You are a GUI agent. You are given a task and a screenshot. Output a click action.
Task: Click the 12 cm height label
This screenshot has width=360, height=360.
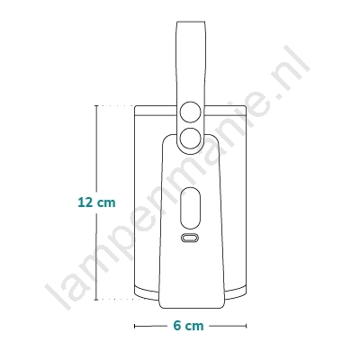tap(96, 202)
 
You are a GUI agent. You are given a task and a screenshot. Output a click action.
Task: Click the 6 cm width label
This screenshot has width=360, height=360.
tap(188, 326)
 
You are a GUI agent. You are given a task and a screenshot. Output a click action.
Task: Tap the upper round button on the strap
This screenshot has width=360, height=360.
tap(191, 112)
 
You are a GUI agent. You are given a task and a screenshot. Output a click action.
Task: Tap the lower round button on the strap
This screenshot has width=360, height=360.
tap(191, 138)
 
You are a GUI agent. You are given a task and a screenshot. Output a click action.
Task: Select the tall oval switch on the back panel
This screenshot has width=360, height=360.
tap(190, 208)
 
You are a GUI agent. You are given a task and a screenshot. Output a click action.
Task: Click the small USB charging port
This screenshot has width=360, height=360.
tap(190, 238)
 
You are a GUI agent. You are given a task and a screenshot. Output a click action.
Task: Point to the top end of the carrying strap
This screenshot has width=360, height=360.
tap(191, 22)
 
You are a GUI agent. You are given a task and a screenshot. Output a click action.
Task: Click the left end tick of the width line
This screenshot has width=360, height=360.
tap(135, 326)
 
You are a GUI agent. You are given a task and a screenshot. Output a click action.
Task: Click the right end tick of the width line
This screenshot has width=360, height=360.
tap(246, 326)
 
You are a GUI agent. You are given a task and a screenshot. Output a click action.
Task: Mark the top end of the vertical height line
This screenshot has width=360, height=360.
tap(96, 105)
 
